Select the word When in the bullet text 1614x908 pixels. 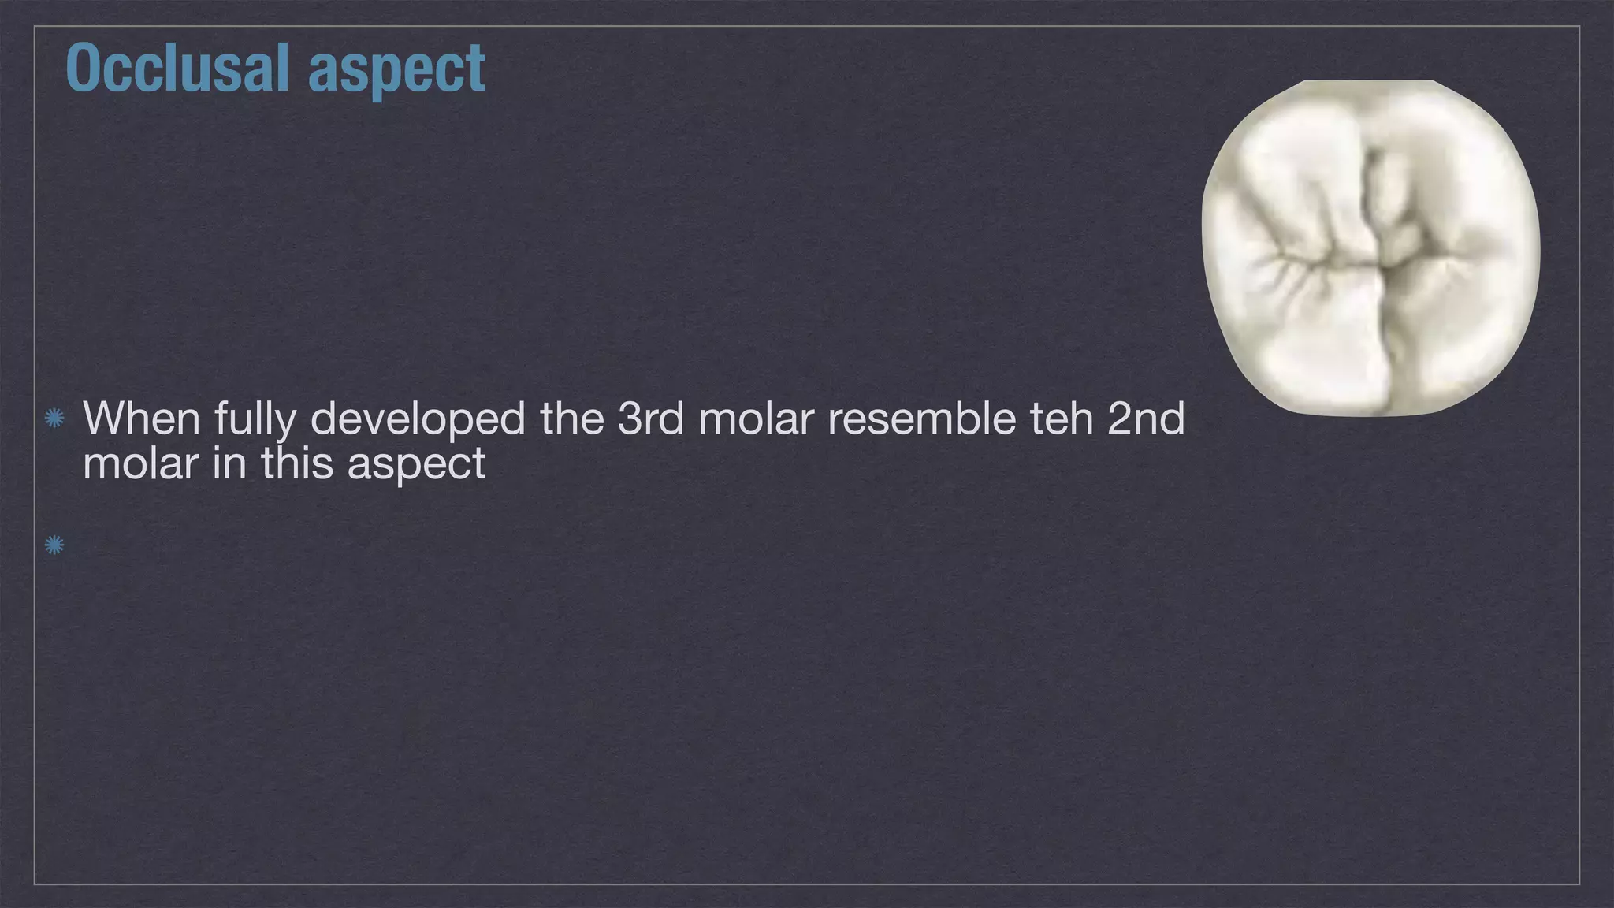click(142, 419)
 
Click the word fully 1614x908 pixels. click(255, 420)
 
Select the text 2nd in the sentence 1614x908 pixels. click(1146, 419)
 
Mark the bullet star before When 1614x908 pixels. click(54, 419)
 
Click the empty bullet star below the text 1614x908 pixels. click(54, 545)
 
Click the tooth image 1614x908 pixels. click(1370, 247)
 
